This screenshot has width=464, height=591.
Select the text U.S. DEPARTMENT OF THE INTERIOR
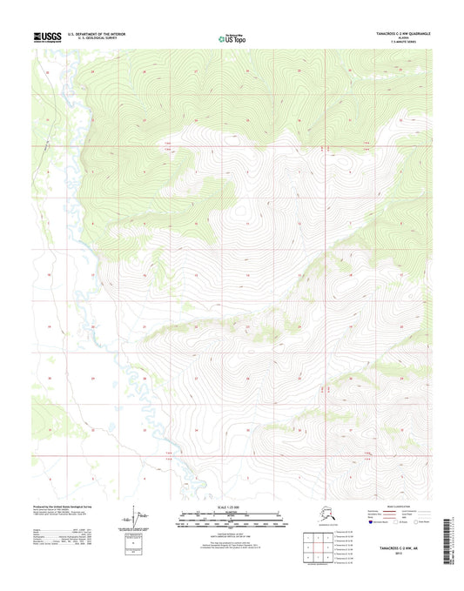click(x=96, y=34)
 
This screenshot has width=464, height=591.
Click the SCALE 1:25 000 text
click(x=232, y=506)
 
